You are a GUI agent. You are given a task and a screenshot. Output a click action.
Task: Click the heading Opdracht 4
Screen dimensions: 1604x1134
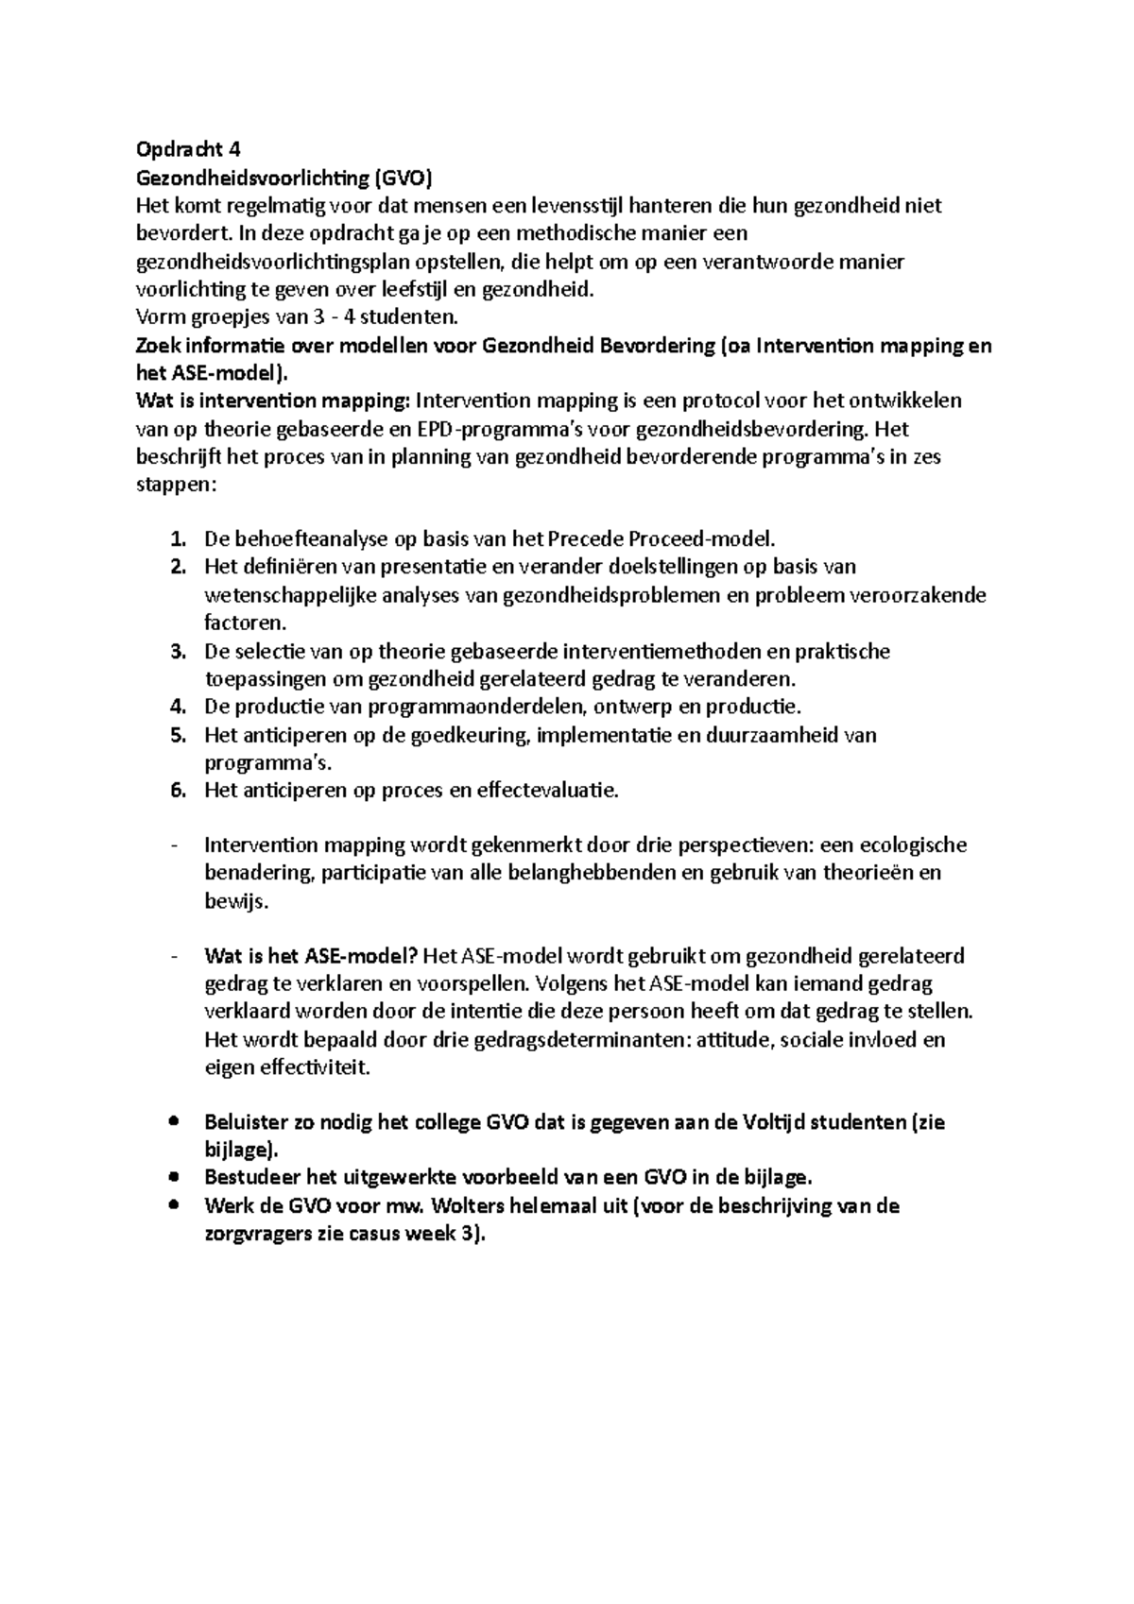pos(189,149)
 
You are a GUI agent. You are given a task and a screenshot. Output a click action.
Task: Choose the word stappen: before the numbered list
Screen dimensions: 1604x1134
pos(177,486)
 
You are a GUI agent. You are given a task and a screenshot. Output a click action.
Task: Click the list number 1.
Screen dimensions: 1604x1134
pos(178,539)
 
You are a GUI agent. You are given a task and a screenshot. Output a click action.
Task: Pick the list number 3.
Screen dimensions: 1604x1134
pos(178,652)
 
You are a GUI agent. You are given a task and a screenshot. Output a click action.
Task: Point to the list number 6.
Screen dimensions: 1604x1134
pos(178,791)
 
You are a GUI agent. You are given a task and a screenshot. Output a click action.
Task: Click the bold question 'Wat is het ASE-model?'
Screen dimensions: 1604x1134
pos(311,956)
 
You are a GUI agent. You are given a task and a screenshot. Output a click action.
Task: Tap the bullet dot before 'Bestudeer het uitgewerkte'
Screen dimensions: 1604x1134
pos(172,1178)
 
